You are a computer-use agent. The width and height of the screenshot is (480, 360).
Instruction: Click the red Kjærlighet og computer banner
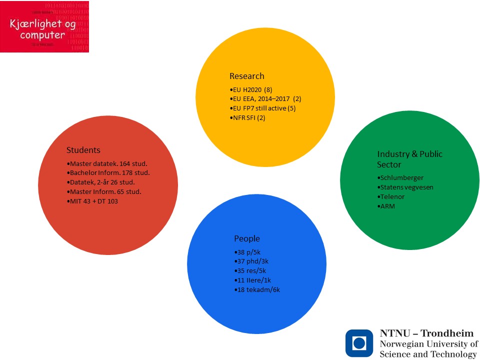click(44, 26)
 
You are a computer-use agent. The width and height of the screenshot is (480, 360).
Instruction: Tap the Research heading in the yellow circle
click(246, 76)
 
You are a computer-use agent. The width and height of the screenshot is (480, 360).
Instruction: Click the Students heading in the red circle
click(83, 150)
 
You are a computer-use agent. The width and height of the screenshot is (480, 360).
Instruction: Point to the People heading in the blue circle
click(247, 238)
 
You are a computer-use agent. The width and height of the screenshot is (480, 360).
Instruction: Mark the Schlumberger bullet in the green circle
click(400, 178)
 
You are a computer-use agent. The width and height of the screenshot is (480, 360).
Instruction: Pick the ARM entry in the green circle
click(387, 206)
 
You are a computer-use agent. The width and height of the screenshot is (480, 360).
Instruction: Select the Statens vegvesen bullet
click(406, 187)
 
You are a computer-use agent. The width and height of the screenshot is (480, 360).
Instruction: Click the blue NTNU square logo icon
click(359, 342)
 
